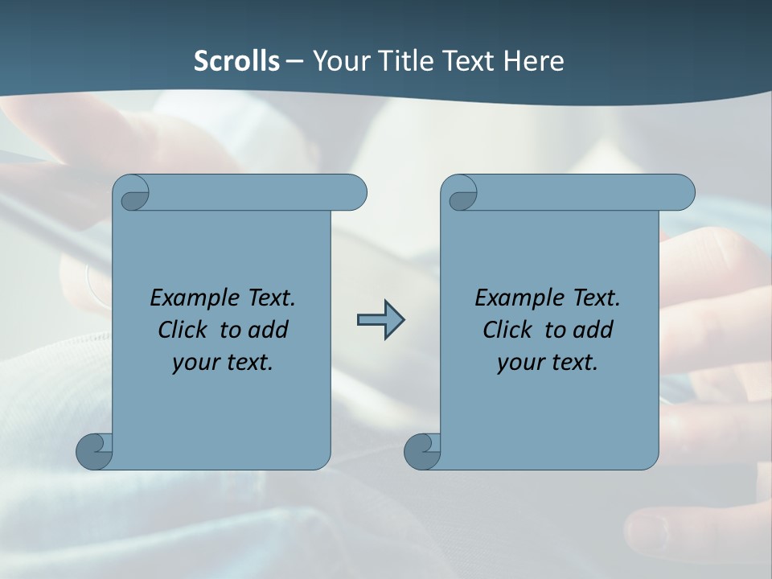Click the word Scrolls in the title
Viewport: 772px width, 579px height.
pyautogui.click(x=236, y=60)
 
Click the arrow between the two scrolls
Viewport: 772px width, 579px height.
pyautogui.click(x=380, y=320)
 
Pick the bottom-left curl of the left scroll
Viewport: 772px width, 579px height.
pyautogui.click(x=94, y=452)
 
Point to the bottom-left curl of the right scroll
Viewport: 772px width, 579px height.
pyautogui.click(x=422, y=452)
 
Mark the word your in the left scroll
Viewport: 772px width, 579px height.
pyautogui.click(x=195, y=363)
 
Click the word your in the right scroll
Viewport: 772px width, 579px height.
pyautogui.click(x=519, y=363)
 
